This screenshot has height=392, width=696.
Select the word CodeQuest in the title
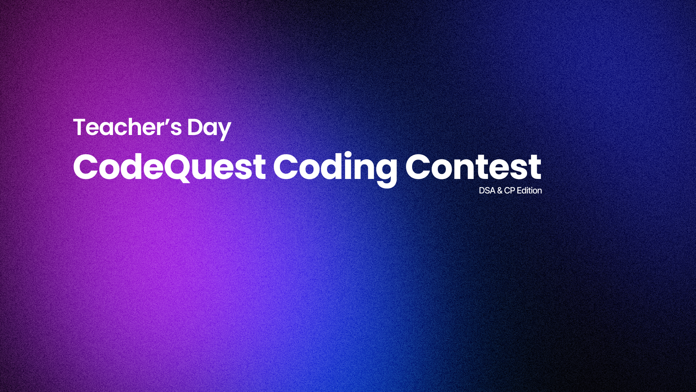click(x=169, y=167)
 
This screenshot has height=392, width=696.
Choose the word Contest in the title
click(x=473, y=167)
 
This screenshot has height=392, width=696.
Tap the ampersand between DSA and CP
click(x=500, y=191)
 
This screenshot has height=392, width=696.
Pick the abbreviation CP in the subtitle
click(x=509, y=191)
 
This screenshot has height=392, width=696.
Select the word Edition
click(x=529, y=191)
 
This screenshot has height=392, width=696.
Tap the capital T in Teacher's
click(x=81, y=127)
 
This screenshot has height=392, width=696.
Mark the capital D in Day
click(x=195, y=127)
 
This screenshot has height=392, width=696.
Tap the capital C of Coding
click(x=286, y=167)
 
